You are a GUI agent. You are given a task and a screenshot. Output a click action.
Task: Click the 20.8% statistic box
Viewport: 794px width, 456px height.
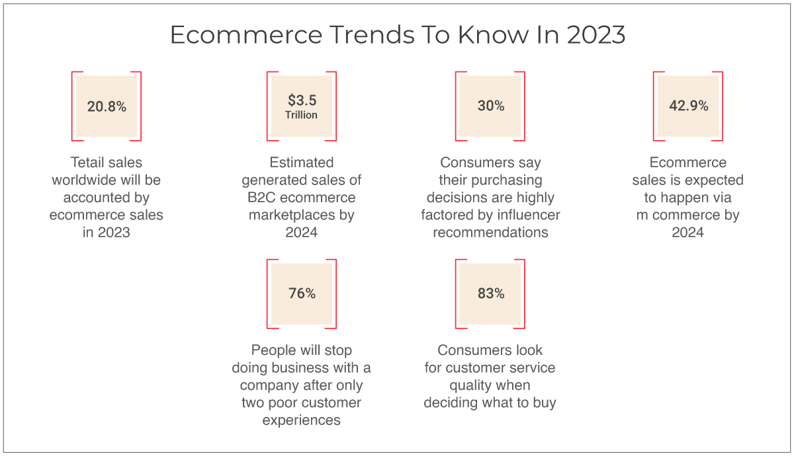point(107,106)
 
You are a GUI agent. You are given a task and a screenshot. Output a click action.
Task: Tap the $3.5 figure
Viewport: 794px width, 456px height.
point(302,100)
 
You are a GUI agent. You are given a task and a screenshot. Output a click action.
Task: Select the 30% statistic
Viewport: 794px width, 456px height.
point(490,106)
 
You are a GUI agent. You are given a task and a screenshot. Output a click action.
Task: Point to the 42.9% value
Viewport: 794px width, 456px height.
point(688,106)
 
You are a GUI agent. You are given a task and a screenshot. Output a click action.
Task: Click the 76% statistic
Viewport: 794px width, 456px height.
point(302,293)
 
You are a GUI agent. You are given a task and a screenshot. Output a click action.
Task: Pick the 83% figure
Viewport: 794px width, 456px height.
point(490,293)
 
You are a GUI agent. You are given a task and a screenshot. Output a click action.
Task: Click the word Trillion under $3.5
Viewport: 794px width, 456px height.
point(301,115)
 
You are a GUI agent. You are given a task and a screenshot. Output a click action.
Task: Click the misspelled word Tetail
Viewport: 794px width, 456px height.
point(86,163)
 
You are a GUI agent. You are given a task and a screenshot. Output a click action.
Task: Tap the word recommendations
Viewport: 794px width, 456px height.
point(490,232)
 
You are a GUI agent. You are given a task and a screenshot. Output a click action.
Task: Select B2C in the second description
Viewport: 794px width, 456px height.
point(261,198)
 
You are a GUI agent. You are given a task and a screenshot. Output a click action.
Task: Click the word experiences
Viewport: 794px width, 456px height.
point(301,420)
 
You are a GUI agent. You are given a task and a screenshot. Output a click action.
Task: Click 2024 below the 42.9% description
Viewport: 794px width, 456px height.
point(687,233)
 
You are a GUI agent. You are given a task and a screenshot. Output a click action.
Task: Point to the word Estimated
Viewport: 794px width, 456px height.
point(301,163)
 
